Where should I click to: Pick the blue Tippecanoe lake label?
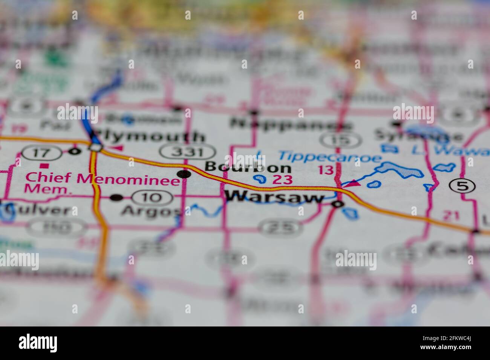point(330,156)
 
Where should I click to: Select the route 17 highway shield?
point(41,153)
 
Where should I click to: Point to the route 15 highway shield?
point(336,140)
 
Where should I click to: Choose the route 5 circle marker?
point(462,185)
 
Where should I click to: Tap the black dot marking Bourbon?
point(184,174)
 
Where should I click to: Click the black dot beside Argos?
point(116,197)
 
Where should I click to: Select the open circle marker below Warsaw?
point(337,204)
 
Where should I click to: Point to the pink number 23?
point(282,179)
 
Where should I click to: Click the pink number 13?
point(326,170)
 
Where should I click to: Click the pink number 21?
point(451,215)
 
